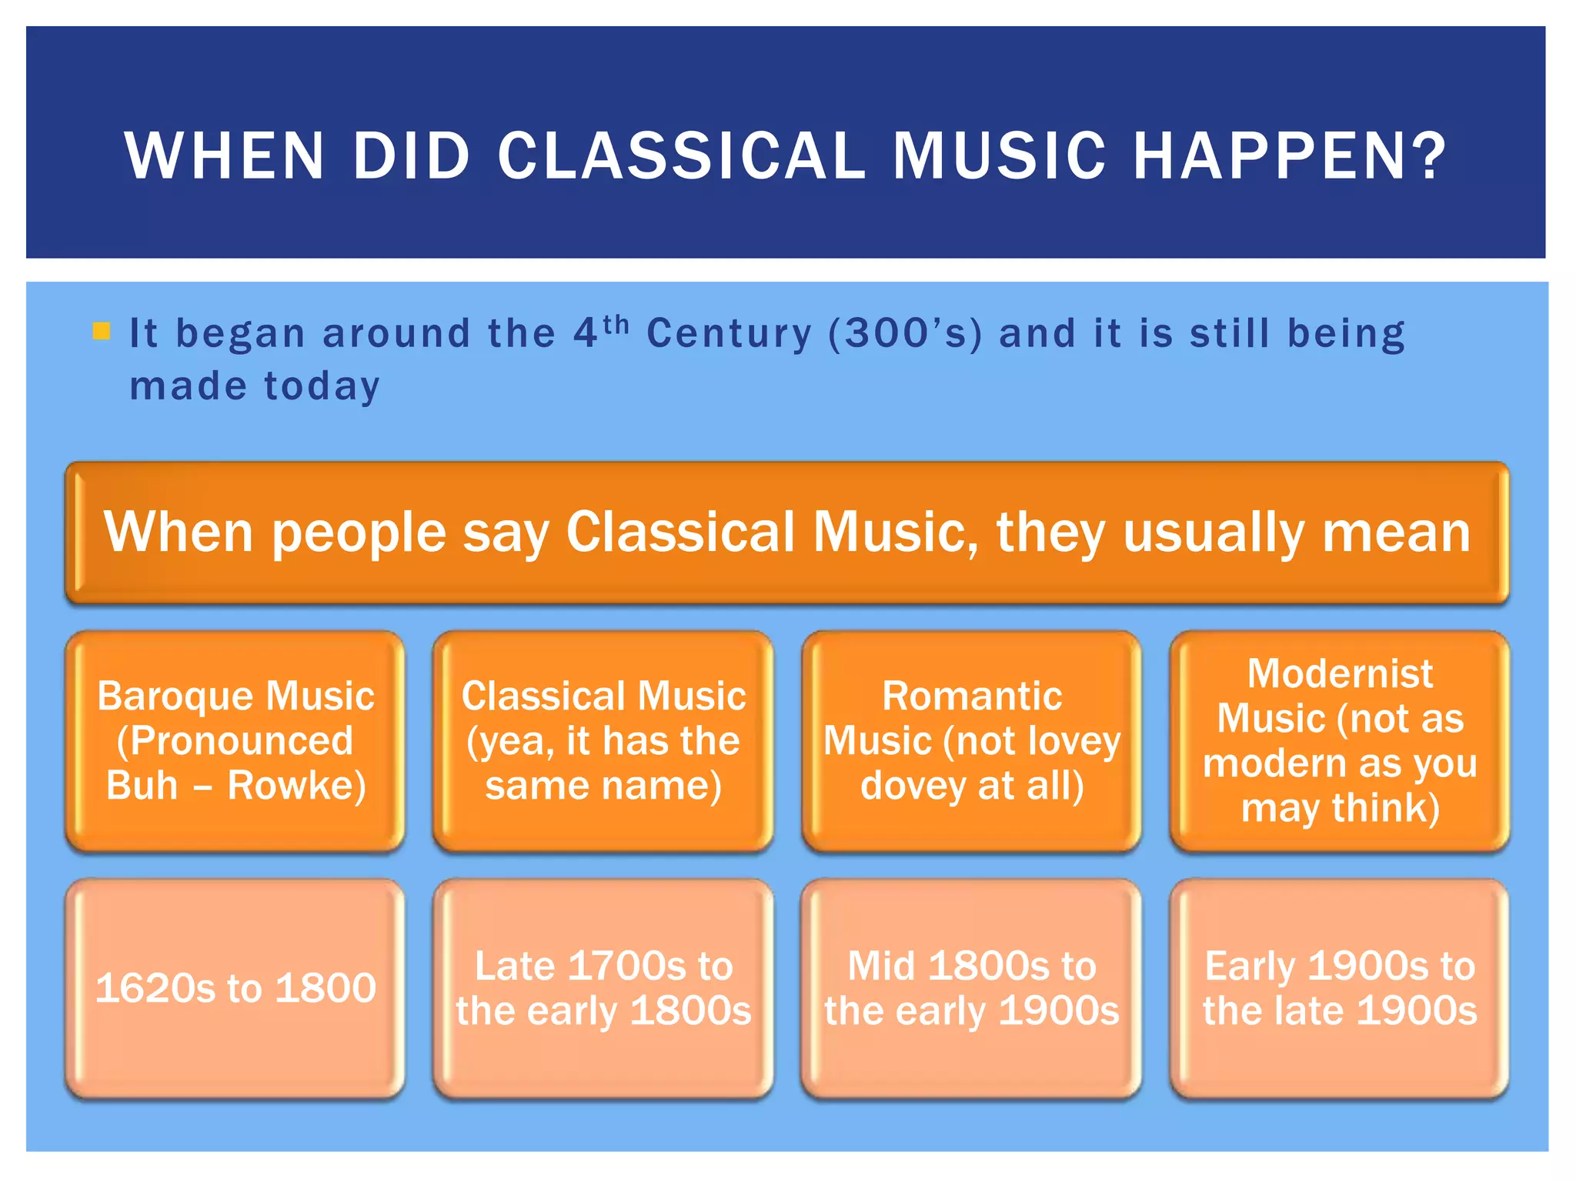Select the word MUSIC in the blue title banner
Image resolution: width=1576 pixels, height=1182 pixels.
click(1000, 156)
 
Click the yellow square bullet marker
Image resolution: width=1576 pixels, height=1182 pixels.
click(101, 332)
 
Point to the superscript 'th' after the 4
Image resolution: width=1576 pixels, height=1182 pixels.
click(616, 325)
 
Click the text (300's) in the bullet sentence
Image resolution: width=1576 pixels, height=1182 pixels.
click(905, 334)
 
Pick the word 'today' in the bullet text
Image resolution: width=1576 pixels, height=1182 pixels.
click(322, 386)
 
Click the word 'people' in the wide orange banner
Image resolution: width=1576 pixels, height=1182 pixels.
click(359, 533)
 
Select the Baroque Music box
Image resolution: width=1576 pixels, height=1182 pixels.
click(235, 740)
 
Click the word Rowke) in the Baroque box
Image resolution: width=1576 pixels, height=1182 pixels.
click(296, 786)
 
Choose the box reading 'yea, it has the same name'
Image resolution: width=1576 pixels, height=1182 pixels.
click(603, 740)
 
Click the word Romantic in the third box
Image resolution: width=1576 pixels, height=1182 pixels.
click(972, 696)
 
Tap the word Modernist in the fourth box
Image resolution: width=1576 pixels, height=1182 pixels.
click(1340, 674)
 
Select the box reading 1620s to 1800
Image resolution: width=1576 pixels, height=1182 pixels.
click(235, 988)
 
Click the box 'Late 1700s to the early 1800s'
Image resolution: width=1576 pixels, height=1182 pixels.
click(603, 988)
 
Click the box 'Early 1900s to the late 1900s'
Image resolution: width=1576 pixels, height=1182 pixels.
click(1340, 988)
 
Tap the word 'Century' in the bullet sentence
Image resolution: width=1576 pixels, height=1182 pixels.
click(729, 334)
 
